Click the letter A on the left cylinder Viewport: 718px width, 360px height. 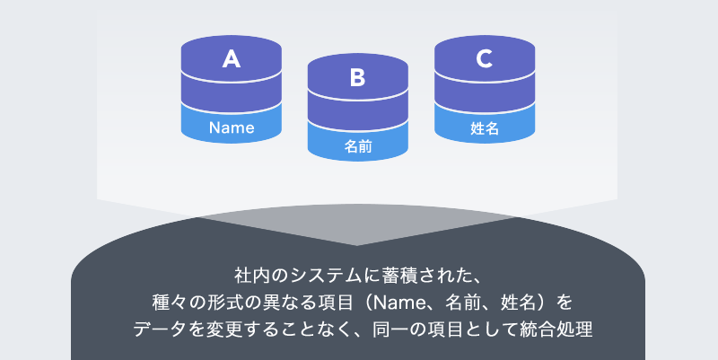pos(232,58)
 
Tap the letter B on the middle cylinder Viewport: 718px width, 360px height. pos(357,77)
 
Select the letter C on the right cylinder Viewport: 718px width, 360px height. pos(485,58)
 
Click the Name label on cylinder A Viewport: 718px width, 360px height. pos(232,127)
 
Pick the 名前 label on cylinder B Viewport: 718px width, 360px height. pos(358,146)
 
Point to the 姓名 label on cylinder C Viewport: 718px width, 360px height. pos(485,128)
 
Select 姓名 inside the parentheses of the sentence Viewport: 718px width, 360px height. pos(519,303)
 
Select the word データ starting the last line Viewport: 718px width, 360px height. pos(160,329)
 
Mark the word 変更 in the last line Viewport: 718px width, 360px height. pos(224,329)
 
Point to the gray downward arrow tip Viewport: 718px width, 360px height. pos(357,245)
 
